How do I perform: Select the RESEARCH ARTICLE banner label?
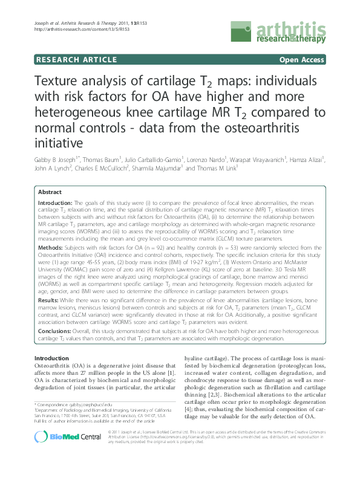click(77, 60)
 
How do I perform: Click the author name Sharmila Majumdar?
click(155, 169)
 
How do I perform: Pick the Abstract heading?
click(50, 191)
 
